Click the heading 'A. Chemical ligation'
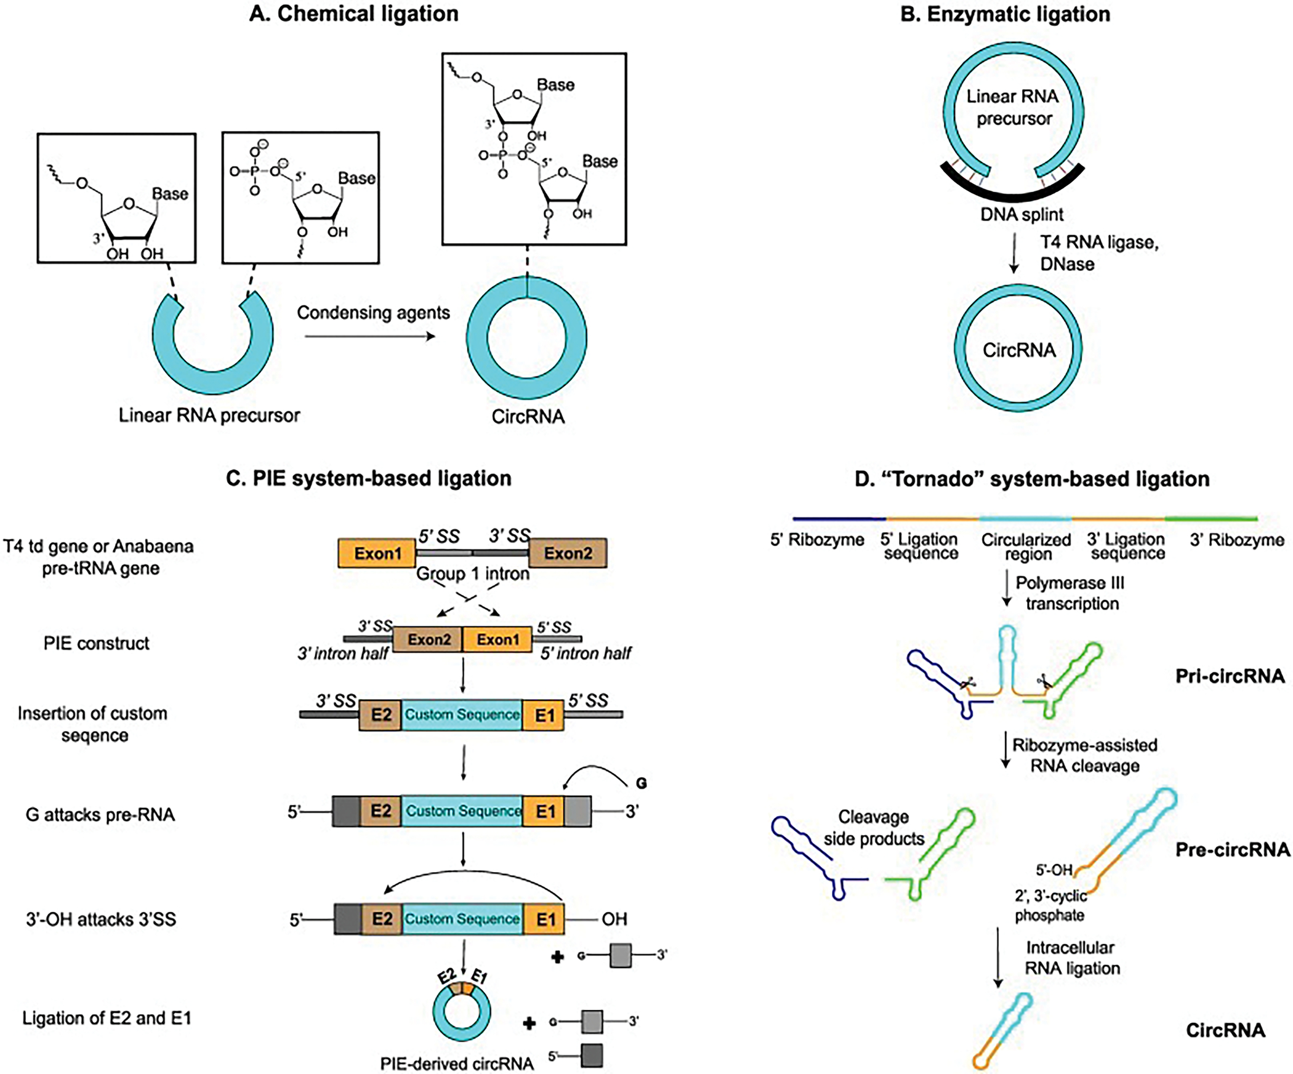[353, 14]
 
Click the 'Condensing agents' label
[373, 313]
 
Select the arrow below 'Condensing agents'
[369, 336]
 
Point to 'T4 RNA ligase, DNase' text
[1098, 253]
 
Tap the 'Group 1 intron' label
[473, 574]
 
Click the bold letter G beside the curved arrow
[641, 783]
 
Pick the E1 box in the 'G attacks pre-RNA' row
[545, 811]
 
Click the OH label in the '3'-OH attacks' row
[614, 919]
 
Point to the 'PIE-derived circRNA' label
[456, 1064]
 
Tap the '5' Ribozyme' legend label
[816, 540]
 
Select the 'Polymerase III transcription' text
[1071, 593]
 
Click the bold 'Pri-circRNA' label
[1230, 676]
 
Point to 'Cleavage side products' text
[874, 828]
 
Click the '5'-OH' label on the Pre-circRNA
[1053, 870]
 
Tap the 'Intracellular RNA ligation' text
[1071, 958]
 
